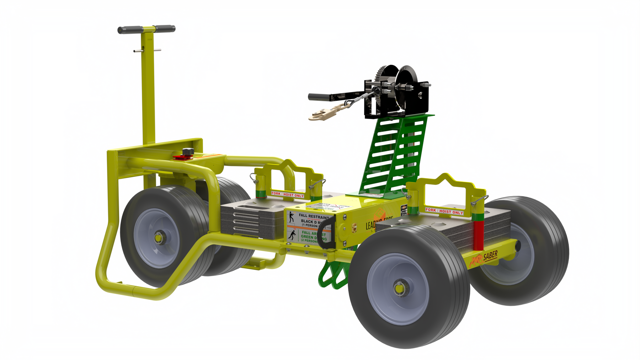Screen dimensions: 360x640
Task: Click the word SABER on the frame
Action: pyautogui.click(x=490, y=256)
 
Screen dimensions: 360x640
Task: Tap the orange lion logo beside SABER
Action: pyautogui.click(x=475, y=261)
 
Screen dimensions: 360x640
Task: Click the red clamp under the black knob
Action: pyautogui.click(x=182, y=157)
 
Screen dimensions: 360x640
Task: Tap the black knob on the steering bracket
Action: pyautogui.click(x=188, y=152)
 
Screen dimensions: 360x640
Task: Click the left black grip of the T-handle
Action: pyautogui.click(x=130, y=30)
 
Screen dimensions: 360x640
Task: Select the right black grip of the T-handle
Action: pyautogui.click(x=165, y=28)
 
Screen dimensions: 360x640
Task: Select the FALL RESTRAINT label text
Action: pyautogui.click(x=314, y=216)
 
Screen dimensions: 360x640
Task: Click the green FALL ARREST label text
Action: pyautogui.click(x=313, y=235)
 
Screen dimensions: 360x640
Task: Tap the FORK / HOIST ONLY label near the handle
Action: pyautogui.click(x=287, y=194)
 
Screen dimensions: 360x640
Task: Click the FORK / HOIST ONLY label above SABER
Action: pyautogui.click(x=444, y=211)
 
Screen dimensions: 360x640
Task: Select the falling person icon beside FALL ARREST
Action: pyautogui.click(x=292, y=235)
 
